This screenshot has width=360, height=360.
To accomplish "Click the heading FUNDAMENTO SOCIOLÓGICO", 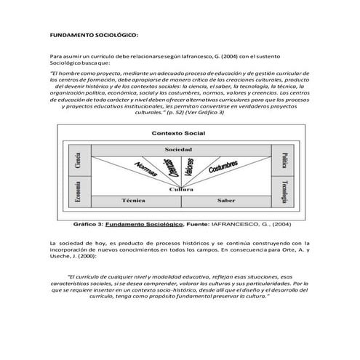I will click(93, 34).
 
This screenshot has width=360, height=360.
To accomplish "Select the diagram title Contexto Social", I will click(179, 133).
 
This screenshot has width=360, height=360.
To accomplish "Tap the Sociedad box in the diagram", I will click(179, 149).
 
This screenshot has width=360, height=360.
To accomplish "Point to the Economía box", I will click(78, 190).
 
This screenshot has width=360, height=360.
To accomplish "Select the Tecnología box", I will click(284, 191).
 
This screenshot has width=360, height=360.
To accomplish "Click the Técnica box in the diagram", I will click(135, 199).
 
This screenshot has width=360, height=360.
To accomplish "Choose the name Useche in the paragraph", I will click(61, 257).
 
